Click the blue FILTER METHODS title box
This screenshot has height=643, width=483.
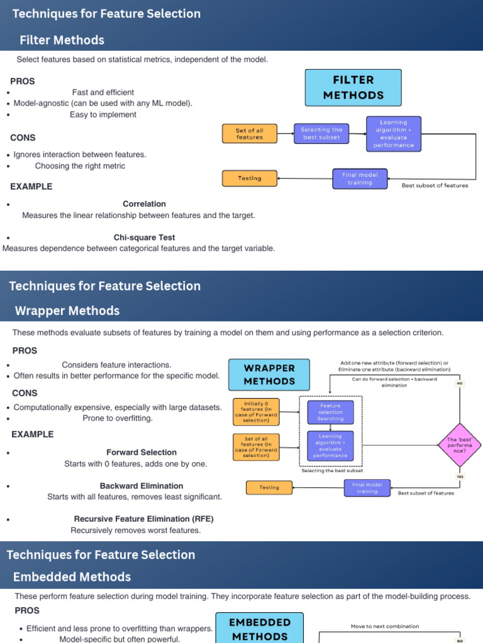coord(353,88)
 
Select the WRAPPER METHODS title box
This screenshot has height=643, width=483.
coord(269,375)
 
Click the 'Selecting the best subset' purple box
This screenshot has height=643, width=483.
coord(321,133)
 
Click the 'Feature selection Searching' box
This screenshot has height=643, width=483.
coord(330,412)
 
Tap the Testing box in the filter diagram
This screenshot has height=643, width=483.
coord(250,178)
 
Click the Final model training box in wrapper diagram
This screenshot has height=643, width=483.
coord(367,487)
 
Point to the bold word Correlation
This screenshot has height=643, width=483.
coord(144,204)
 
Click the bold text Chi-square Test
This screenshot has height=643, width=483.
coord(144,238)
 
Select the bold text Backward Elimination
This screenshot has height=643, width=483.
coord(142,486)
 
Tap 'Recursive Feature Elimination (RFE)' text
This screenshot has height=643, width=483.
coord(143,519)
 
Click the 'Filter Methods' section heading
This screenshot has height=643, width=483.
coord(62,40)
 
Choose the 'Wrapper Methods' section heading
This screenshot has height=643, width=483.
coord(67,311)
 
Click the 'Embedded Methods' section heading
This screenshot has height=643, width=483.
coord(72,577)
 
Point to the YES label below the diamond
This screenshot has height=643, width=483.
coord(460,477)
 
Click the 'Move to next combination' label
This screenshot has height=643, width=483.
coord(385,626)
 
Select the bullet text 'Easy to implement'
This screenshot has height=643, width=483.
coord(103,115)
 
